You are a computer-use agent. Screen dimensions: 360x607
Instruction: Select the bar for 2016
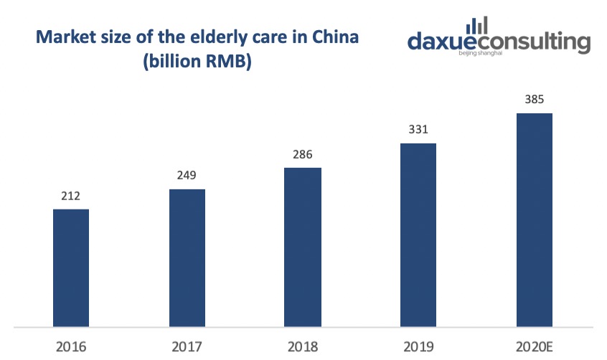coord(71,267)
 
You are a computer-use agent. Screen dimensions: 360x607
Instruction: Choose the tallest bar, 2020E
coord(534,219)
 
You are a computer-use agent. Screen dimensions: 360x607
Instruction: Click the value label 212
coord(71,196)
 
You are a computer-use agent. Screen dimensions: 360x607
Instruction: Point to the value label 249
coord(187,176)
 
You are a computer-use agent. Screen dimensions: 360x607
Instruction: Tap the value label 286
coord(303,154)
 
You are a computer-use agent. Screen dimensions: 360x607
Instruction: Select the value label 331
coord(418,130)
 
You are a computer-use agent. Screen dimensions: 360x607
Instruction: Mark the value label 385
coord(534,100)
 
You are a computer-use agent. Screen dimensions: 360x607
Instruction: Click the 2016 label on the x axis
coord(71,346)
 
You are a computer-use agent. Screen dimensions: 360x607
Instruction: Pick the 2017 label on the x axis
coord(187,346)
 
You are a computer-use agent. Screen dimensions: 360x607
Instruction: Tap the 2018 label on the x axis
coord(303,346)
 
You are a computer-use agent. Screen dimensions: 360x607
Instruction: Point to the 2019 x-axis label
coord(418,346)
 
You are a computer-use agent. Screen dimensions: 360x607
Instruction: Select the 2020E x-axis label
coord(535,346)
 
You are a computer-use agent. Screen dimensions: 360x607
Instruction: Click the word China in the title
coord(334,37)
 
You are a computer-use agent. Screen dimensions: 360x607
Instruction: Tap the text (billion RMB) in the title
coord(197,63)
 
